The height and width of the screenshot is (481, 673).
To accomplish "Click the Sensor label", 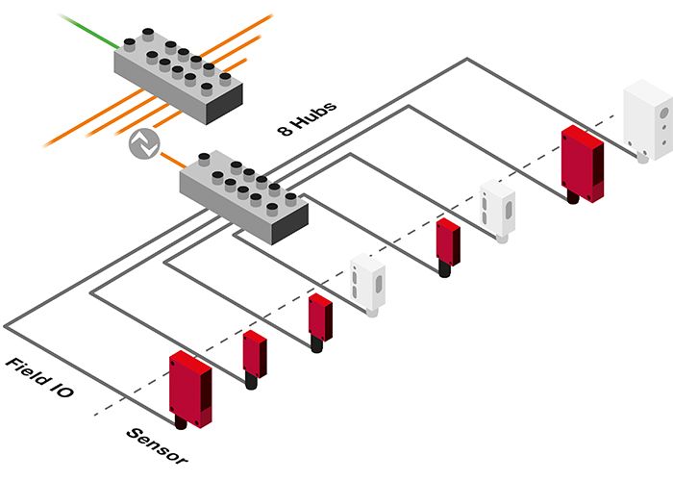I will point(157,445).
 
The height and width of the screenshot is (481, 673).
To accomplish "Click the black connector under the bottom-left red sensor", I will point(181,421).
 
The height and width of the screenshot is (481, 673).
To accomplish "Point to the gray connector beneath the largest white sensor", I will point(642,155).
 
